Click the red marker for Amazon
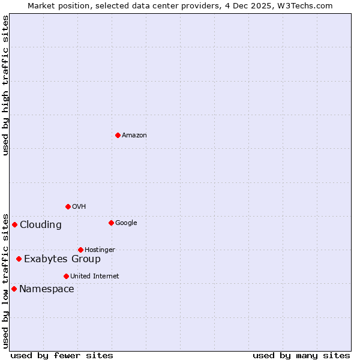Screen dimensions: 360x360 [x=118, y=135]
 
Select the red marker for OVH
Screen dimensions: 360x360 [x=68, y=206]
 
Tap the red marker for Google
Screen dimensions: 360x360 [x=111, y=223]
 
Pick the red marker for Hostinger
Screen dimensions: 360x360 [x=80, y=250]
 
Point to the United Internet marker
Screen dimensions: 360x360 [x=66, y=276]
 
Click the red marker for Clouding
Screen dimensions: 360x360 [x=14, y=224]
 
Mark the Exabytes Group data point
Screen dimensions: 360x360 [x=19, y=259]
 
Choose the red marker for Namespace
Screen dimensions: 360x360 [x=14, y=289]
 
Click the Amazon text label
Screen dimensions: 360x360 [x=134, y=136]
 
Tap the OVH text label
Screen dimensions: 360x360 [x=79, y=207]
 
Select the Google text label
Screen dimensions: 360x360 [x=126, y=223]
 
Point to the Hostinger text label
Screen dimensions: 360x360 [x=100, y=250]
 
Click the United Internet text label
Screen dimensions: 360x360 [x=94, y=277]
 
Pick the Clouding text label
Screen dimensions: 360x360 [x=41, y=225]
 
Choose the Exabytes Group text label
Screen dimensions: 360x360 [x=62, y=259]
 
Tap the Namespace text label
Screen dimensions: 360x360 [x=47, y=289]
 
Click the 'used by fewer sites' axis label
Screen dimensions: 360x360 [x=62, y=355]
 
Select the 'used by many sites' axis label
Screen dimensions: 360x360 [x=301, y=355]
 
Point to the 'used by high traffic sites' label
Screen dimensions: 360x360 [x=5, y=85]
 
